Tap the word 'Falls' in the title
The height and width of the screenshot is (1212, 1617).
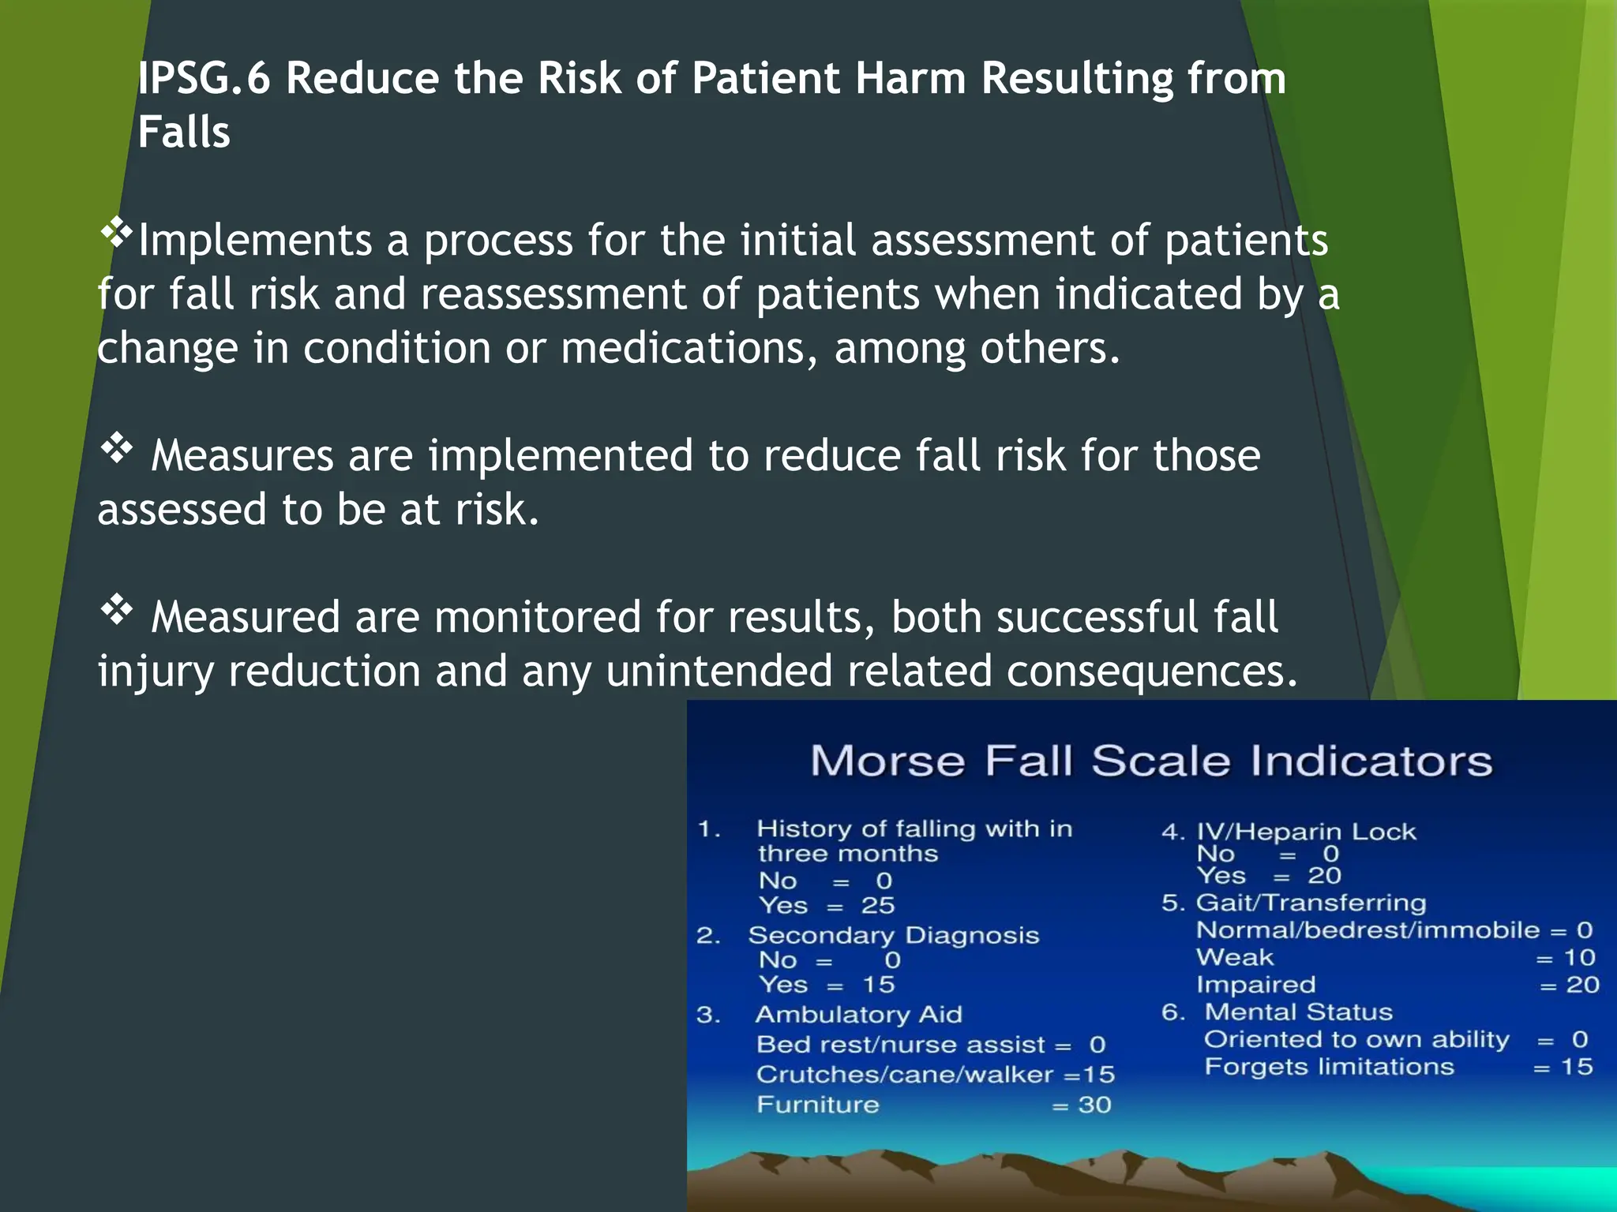(x=184, y=132)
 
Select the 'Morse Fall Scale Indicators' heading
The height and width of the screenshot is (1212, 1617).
(x=1151, y=761)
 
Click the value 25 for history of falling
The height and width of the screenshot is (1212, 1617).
(x=877, y=905)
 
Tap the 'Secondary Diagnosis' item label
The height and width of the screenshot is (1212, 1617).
(x=893, y=935)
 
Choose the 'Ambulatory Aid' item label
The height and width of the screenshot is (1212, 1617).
(x=858, y=1014)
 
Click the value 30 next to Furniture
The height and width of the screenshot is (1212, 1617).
(x=1094, y=1105)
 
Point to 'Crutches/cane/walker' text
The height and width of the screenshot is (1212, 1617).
(x=904, y=1075)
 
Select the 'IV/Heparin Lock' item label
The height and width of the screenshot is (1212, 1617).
(x=1306, y=832)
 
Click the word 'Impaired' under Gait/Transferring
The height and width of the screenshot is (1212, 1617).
(x=1255, y=985)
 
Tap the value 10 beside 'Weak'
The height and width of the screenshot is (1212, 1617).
(x=1579, y=958)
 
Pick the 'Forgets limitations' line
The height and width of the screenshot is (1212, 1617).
(x=1329, y=1067)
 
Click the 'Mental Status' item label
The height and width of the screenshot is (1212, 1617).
(x=1298, y=1012)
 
